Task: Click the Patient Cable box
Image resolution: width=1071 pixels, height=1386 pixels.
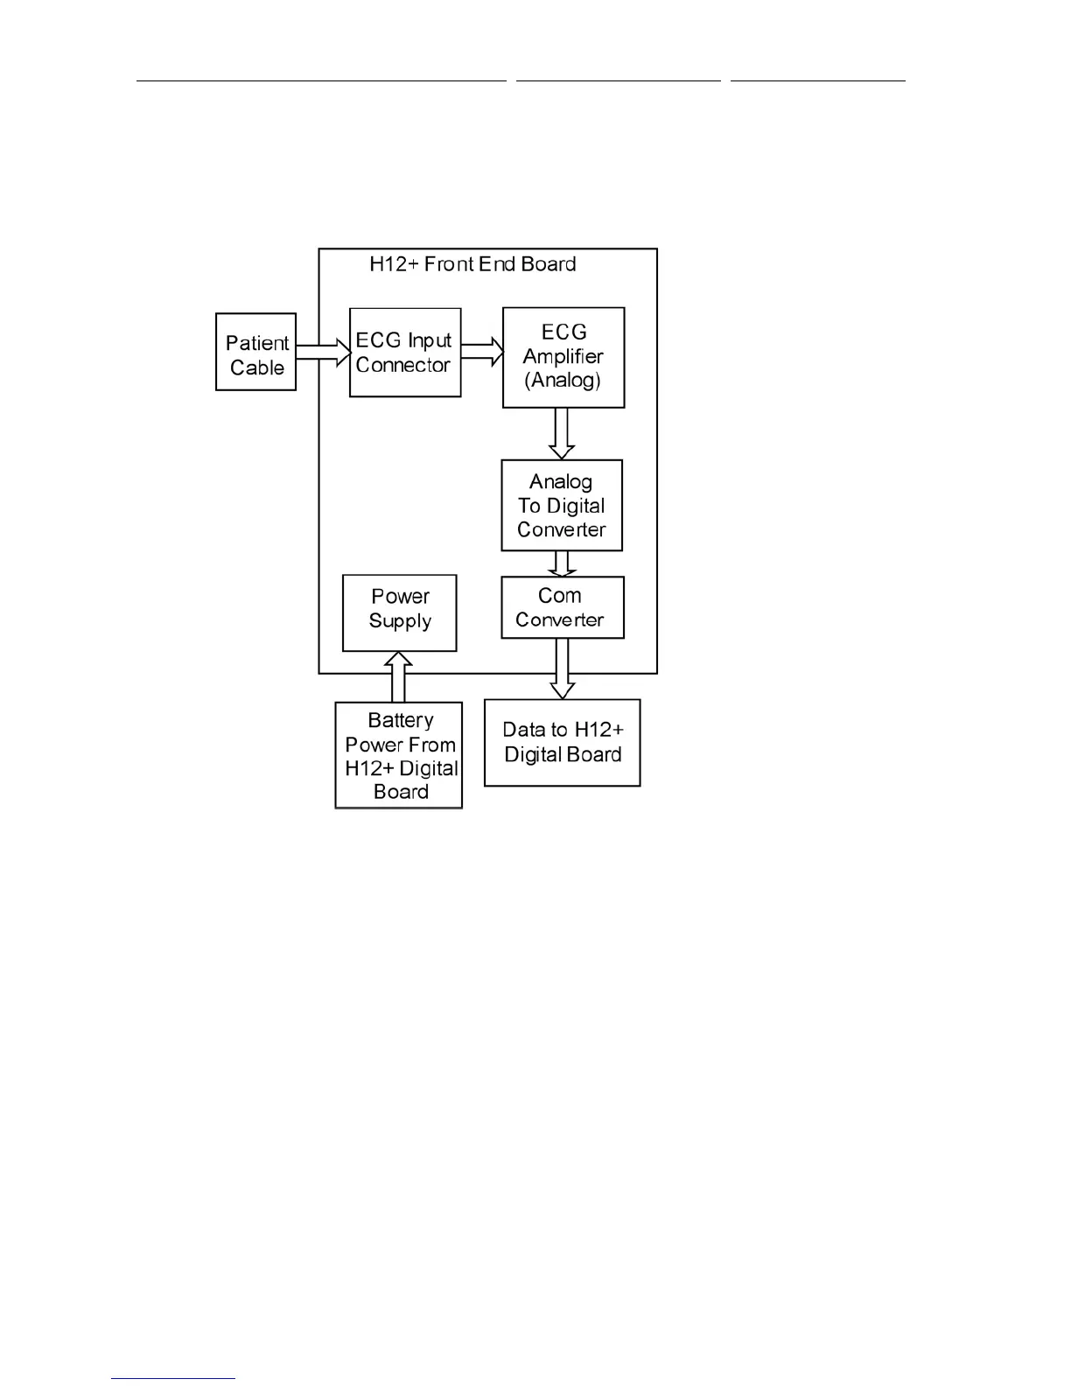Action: (x=255, y=352)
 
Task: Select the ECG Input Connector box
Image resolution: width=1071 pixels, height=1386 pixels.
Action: (x=404, y=353)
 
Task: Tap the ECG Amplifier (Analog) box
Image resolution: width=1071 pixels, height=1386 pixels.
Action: (x=563, y=357)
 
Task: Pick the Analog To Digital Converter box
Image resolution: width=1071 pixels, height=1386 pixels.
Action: (x=562, y=506)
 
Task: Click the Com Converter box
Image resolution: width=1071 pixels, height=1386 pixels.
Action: (x=562, y=607)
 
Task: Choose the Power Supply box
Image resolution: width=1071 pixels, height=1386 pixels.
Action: (x=400, y=612)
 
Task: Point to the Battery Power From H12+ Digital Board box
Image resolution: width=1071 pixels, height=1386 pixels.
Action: (x=399, y=755)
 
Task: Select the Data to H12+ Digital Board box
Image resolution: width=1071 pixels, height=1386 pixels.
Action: (x=563, y=743)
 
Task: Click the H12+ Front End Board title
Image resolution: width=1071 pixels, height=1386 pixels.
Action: (x=472, y=264)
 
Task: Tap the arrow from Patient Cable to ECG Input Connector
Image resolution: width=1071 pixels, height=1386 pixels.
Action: (x=322, y=353)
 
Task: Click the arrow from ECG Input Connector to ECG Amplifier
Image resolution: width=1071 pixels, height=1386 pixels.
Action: (x=482, y=353)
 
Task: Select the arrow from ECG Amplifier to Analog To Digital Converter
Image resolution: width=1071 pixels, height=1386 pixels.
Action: (x=562, y=433)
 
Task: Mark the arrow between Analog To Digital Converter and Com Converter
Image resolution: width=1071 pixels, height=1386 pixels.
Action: (x=562, y=563)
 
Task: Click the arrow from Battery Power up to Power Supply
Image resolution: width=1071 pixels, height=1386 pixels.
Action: (x=399, y=676)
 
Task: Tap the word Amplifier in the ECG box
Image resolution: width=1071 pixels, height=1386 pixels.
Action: (x=563, y=357)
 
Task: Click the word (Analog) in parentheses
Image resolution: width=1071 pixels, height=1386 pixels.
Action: (x=563, y=381)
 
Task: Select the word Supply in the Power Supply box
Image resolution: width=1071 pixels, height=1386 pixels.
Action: (x=400, y=621)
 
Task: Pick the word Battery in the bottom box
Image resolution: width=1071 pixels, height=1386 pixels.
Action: (x=400, y=720)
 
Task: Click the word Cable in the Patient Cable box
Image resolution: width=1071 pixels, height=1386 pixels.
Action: (x=257, y=367)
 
